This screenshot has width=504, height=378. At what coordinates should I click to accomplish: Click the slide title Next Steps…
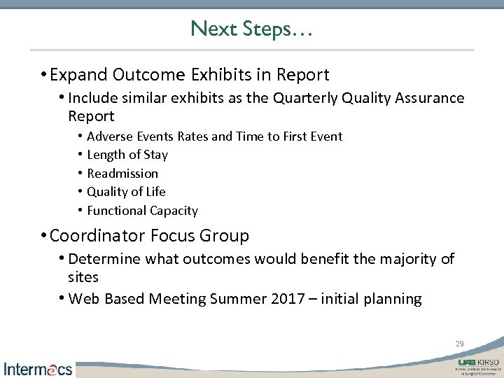(x=251, y=29)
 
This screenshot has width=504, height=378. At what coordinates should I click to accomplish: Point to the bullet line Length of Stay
(x=127, y=155)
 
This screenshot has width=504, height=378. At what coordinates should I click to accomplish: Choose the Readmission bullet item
(x=122, y=173)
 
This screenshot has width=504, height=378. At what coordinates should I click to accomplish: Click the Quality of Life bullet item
(x=126, y=191)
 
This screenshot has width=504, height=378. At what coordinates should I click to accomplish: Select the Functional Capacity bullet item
(x=142, y=210)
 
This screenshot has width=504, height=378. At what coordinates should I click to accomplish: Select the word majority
(x=407, y=260)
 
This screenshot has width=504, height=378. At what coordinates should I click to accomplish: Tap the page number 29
(x=459, y=344)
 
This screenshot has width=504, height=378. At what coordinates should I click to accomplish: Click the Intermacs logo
(x=38, y=368)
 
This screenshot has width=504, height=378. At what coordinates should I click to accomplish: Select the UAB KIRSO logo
(x=479, y=365)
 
